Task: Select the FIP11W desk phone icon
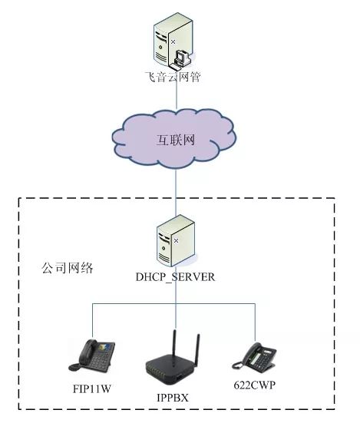click(96, 354)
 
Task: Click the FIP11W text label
click(91, 388)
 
